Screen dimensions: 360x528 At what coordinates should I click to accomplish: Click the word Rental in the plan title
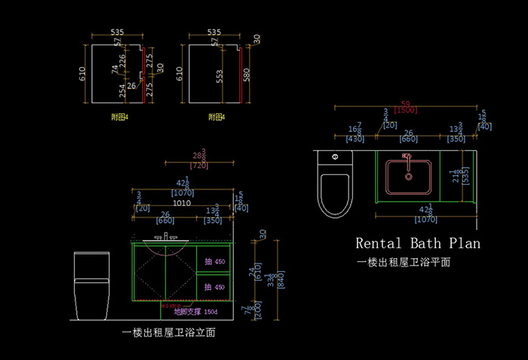pyautogui.click(x=379, y=244)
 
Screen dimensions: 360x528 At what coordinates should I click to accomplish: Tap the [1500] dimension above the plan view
pyautogui.click(x=407, y=110)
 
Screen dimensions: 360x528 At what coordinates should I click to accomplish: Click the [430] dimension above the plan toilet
pyautogui.click(x=355, y=139)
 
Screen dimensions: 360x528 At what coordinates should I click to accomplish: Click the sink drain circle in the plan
pyautogui.click(x=409, y=177)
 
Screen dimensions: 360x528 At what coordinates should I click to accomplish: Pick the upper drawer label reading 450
pyautogui.click(x=219, y=262)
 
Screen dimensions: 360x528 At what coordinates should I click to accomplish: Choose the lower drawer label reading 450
pyautogui.click(x=219, y=287)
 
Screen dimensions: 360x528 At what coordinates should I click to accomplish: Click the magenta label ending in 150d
pyautogui.click(x=195, y=311)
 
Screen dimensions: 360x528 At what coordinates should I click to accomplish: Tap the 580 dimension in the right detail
pyautogui.click(x=246, y=75)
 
